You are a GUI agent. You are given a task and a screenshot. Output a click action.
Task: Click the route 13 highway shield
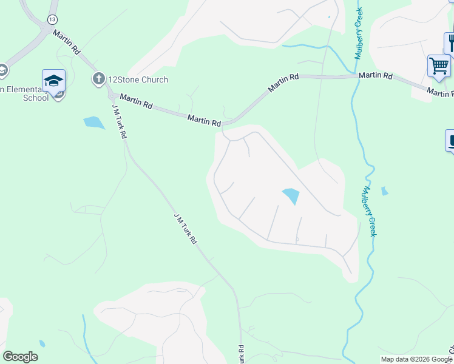[52, 20]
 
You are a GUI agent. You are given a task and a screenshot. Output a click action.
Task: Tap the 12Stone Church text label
[138, 79]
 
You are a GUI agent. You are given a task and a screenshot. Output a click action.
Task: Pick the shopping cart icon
[439, 65]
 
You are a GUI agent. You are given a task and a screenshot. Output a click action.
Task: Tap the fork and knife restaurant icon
[450, 42]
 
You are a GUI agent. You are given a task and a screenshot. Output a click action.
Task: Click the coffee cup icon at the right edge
[451, 141]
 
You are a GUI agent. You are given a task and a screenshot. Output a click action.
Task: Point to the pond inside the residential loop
[291, 196]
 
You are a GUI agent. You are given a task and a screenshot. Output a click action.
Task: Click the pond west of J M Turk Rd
[94, 122]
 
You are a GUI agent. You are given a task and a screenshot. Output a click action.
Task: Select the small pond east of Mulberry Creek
[384, 192]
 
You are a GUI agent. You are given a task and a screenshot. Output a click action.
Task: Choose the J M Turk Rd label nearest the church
[119, 121]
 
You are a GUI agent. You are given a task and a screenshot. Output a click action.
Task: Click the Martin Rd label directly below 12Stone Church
[136, 101]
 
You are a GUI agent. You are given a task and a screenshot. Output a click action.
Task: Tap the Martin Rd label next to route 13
[67, 40]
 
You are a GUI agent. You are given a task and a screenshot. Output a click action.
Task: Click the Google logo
[20, 357]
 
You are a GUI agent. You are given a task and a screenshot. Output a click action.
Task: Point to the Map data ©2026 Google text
[416, 359]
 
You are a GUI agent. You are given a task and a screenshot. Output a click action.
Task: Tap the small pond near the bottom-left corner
[42, 343]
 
